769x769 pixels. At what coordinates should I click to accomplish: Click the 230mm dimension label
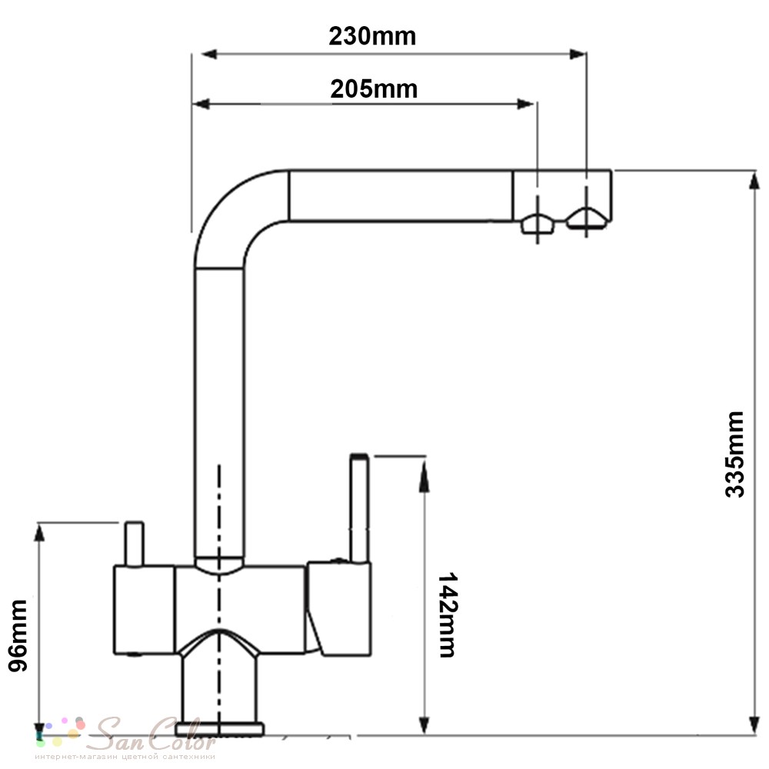point(372,37)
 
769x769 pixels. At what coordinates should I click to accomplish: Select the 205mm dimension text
point(374,89)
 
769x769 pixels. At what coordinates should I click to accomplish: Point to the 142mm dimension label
point(447,614)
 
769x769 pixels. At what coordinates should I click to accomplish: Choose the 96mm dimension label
point(18,636)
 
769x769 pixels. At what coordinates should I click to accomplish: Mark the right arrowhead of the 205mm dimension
point(525,104)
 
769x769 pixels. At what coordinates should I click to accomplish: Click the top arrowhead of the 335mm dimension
point(754,180)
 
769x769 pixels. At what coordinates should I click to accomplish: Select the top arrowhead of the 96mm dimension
point(39,533)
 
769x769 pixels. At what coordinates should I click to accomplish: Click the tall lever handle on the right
point(359,508)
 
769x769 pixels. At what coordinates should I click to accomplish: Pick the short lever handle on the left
point(134,544)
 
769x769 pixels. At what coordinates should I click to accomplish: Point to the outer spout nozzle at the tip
point(587,218)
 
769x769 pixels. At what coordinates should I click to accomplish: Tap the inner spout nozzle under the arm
point(538,225)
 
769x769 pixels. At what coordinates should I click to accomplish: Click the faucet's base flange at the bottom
point(220,729)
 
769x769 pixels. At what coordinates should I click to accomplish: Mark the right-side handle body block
point(339,609)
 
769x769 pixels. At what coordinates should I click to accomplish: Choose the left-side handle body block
point(145,610)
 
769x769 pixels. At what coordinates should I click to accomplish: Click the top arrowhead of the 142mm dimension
point(424,477)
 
